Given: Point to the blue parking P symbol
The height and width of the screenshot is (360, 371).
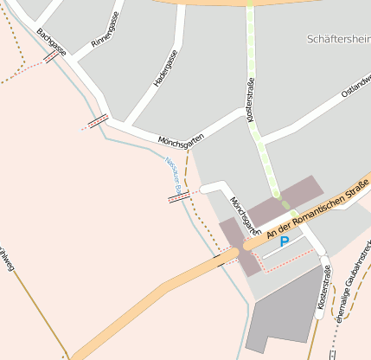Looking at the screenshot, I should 285,242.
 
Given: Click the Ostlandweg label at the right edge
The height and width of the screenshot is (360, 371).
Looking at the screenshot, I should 355,87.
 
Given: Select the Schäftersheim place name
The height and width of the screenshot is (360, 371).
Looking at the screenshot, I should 338,39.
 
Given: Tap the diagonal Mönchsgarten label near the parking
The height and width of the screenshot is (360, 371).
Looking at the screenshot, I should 245,215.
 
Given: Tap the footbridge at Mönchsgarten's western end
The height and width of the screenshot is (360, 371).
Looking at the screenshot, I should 98,120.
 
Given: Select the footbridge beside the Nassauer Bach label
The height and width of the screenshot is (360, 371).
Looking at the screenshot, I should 179,197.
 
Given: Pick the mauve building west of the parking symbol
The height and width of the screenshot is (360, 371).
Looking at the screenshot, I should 235,247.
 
